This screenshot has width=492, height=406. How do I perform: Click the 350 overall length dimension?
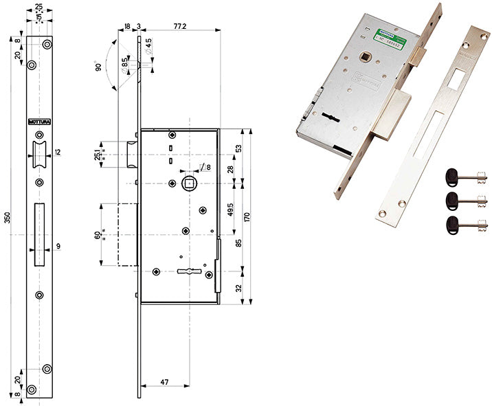tap(8, 218)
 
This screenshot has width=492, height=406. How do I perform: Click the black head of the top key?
tap(453, 177)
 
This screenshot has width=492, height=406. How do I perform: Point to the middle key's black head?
tap(453, 200)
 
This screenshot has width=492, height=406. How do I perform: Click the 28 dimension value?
tap(239, 169)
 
